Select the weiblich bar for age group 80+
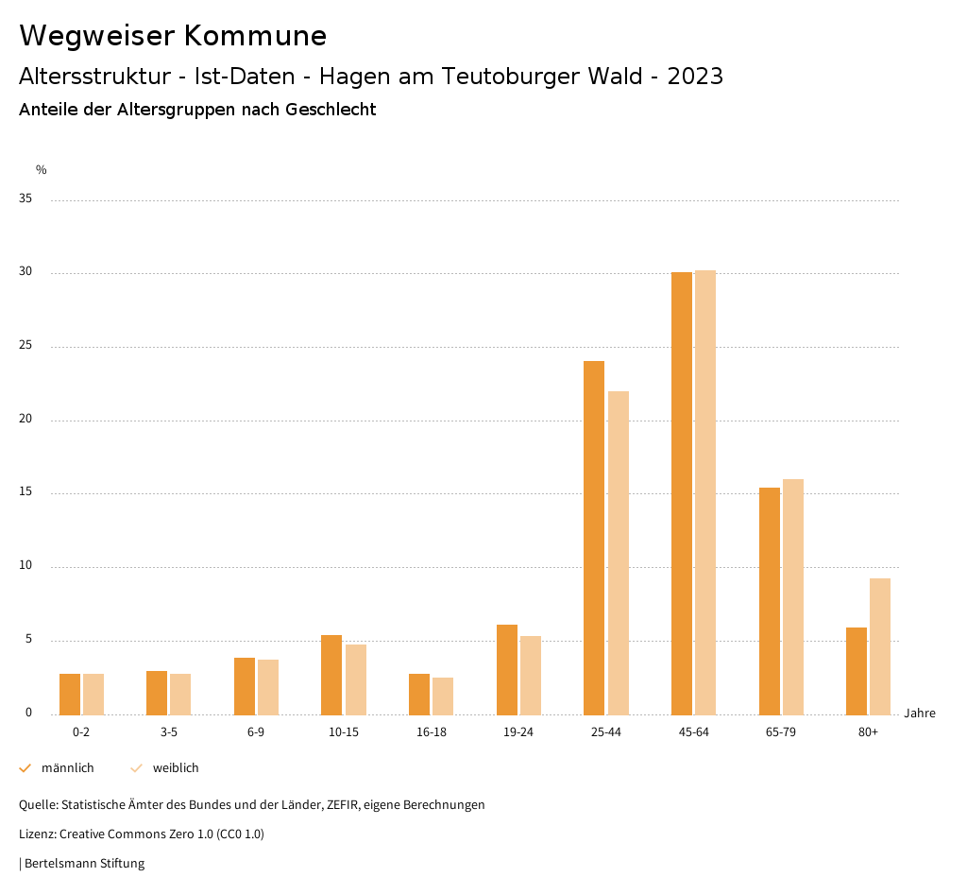[x=880, y=646]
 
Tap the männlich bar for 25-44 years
[x=594, y=538]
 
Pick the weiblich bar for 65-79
[x=793, y=596]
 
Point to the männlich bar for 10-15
[x=331, y=675]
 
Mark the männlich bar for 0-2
[x=70, y=695]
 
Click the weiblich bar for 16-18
[x=443, y=696]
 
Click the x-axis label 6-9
[x=256, y=732]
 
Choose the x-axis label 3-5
[x=169, y=732]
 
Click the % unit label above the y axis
[x=42, y=170]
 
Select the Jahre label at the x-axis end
[x=919, y=713]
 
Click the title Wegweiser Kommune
[x=173, y=36]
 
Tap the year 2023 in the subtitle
[x=695, y=77]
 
